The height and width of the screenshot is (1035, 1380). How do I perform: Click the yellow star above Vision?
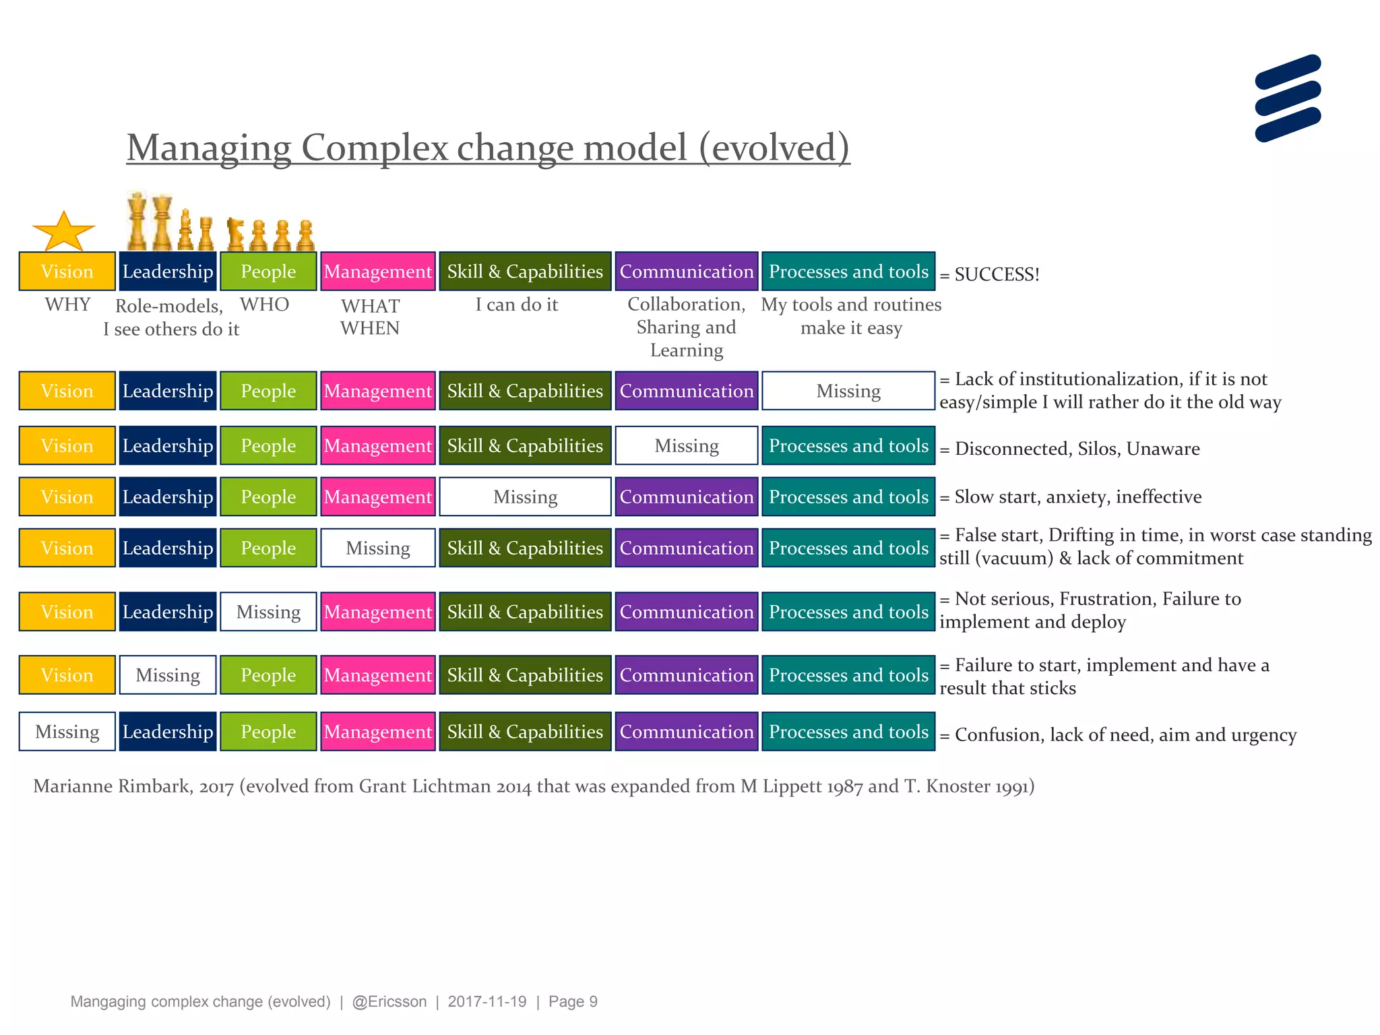(63, 232)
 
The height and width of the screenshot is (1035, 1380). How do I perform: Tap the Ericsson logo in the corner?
(1288, 98)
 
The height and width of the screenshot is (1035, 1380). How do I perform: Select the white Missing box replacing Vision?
(67, 731)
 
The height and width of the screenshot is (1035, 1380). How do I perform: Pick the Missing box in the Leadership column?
(168, 675)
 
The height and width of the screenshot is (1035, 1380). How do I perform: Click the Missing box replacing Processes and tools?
(848, 391)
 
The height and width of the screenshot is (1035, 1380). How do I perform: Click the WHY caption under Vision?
(67, 305)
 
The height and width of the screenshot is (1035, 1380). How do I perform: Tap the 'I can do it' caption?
(517, 305)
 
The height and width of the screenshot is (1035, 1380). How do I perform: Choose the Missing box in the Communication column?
(686, 445)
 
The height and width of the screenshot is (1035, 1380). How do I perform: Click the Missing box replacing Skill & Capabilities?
(525, 497)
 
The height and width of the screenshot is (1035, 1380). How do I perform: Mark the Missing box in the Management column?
(377, 548)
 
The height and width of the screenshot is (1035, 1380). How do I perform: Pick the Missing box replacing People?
(268, 612)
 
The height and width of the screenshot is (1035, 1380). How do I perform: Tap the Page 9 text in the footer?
(573, 1001)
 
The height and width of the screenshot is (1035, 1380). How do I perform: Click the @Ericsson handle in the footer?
(389, 1001)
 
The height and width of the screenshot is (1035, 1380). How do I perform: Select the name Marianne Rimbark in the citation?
(111, 786)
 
